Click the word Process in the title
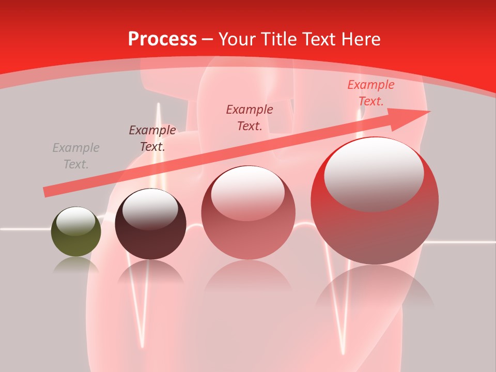[162, 39]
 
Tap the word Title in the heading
[278, 39]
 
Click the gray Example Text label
[76, 156]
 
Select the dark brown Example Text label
[152, 138]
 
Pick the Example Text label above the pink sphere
[250, 117]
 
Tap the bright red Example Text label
[370, 93]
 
